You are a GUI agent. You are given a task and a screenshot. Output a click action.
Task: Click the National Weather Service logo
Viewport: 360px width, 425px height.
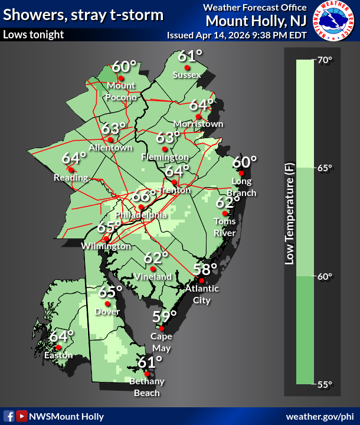(334, 21)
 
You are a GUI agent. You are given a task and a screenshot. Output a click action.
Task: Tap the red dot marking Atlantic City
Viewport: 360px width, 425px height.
(201, 280)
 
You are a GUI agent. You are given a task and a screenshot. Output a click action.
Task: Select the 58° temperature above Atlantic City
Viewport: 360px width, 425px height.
(206, 269)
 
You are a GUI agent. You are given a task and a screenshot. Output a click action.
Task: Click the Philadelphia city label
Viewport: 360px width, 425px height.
(141, 215)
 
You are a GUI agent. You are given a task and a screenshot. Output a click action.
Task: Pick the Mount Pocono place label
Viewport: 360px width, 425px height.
(122, 91)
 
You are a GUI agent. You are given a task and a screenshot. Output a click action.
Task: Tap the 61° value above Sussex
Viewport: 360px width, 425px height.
(190, 56)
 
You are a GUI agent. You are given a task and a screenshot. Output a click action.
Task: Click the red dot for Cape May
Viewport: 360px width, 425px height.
(161, 328)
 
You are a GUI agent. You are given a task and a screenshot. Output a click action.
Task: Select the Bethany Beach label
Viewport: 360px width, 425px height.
(147, 387)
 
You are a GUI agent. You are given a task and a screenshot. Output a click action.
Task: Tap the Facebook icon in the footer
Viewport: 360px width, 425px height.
(9, 416)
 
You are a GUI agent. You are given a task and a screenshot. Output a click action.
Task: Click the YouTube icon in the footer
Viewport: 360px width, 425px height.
(21, 416)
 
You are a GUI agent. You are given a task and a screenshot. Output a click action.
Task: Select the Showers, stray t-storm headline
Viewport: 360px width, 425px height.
(83, 14)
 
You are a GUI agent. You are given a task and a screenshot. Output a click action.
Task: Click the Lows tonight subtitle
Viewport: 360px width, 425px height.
(34, 34)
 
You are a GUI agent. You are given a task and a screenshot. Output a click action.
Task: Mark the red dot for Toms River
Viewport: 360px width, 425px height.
(225, 213)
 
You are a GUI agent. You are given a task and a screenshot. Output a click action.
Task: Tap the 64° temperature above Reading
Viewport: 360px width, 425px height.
(74, 158)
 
